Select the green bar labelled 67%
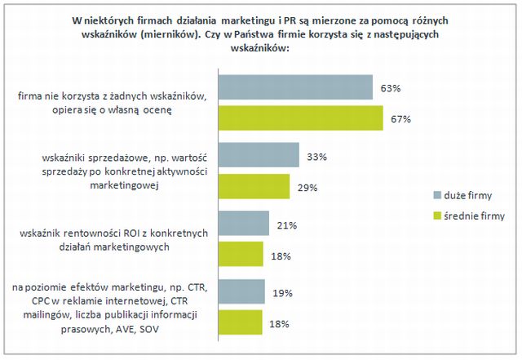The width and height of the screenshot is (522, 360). coord(302,118)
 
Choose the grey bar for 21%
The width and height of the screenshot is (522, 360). coord(245,224)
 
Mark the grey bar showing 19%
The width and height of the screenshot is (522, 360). coord(242,291)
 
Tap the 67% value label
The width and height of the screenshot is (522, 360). coord(400,119)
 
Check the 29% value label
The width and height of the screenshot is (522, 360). coord(306,187)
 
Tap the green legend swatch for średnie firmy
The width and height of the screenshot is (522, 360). coord(436,216)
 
